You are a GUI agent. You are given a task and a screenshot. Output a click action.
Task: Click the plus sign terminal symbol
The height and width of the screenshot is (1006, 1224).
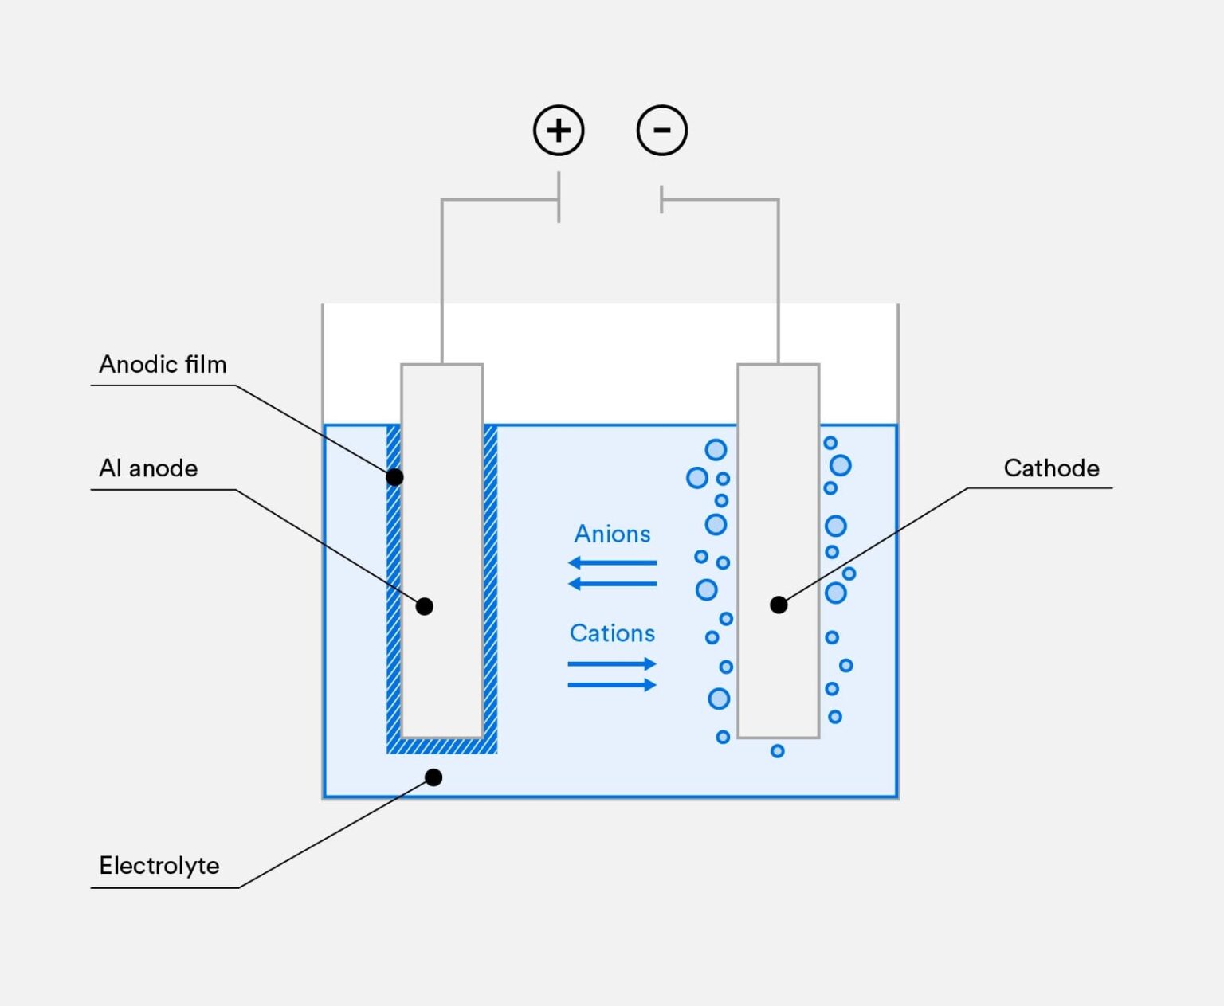(x=559, y=130)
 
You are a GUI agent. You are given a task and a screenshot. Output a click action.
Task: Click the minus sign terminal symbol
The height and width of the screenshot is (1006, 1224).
(x=661, y=130)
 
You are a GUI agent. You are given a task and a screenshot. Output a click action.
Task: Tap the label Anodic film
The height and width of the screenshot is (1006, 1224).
(x=163, y=364)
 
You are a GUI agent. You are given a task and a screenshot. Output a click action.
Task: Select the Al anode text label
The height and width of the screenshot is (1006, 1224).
(x=148, y=468)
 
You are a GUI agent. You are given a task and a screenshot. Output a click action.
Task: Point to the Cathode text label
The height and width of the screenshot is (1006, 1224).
(x=1052, y=468)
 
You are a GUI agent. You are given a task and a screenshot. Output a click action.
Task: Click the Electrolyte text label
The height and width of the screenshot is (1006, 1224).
(x=159, y=866)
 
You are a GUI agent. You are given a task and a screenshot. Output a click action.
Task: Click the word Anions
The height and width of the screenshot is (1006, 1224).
(x=612, y=534)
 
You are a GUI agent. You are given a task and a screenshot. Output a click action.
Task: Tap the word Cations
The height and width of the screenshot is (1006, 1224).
(x=612, y=633)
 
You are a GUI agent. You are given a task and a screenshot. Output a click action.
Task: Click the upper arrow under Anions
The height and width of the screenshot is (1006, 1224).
(x=612, y=562)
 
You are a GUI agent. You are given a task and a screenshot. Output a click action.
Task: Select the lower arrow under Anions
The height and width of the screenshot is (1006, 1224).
(x=612, y=584)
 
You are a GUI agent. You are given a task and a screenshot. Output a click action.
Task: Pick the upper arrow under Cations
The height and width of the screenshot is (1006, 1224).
(x=612, y=663)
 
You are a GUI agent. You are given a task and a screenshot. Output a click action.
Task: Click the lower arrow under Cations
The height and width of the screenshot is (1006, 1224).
(x=612, y=685)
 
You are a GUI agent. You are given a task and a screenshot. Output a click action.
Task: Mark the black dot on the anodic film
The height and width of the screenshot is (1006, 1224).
(x=394, y=477)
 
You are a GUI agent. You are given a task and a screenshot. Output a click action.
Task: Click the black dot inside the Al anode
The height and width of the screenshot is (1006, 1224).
(x=424, y=606)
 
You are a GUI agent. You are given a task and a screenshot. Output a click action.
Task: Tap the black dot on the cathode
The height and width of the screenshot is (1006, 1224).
(x=779, y=605)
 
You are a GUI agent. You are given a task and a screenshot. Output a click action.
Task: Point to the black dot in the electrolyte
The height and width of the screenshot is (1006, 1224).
(x=433, y=777)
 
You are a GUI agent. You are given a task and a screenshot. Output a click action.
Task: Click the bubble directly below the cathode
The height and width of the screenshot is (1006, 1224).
(x=777, y=751)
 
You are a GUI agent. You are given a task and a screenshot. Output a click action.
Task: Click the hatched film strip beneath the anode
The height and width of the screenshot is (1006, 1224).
(x=441, y=746)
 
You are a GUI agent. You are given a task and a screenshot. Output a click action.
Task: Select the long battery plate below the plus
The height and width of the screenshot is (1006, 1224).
(x=559, y=197)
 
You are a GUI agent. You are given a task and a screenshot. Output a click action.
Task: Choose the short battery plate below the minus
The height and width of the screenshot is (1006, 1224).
(x=661, y=200)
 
